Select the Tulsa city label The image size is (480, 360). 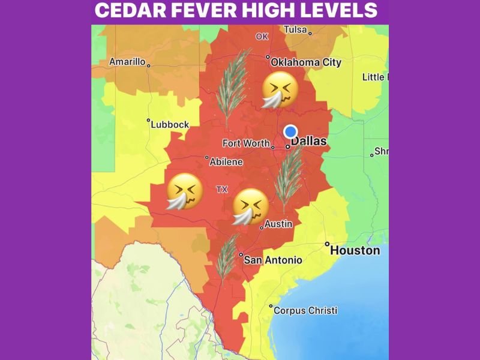point(295,29)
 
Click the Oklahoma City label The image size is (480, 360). point(306,62)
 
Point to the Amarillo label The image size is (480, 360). point(127,62)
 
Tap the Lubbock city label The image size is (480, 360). point(170,125)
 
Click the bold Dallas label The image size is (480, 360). point(309,142)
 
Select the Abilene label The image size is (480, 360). point(226,162)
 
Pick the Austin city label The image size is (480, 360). point(278,224)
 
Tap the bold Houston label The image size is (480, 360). point(355,250)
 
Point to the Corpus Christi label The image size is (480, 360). point(305,311)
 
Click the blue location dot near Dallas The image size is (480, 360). point(290,131)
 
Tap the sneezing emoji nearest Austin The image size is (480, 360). point(250,206)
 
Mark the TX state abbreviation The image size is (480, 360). point(222,189)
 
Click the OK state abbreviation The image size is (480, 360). point(262,37)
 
